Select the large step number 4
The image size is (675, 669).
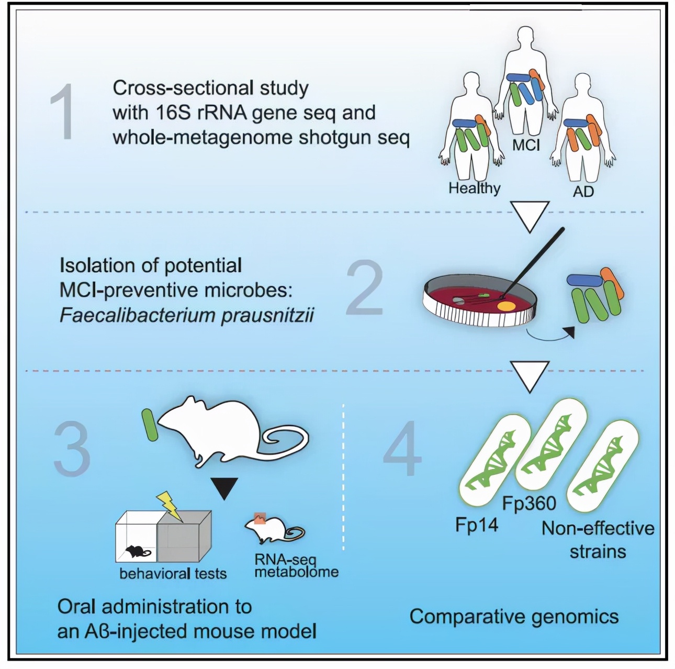[402, 449]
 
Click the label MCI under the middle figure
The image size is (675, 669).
[526, 145]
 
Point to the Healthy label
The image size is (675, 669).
[474, 188]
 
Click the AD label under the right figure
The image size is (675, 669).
[583, 192]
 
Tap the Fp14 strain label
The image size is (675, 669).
[477, 525]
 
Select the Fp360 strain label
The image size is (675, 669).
[529, 504]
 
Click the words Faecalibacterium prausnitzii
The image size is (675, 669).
[186, 316]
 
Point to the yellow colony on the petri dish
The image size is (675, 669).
[505, 305]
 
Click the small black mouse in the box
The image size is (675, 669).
[136, 551]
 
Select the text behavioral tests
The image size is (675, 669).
[173, 574]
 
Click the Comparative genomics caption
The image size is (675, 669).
[514, 617]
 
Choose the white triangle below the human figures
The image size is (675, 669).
[530, 215]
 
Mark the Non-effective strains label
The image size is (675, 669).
[598, 540]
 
